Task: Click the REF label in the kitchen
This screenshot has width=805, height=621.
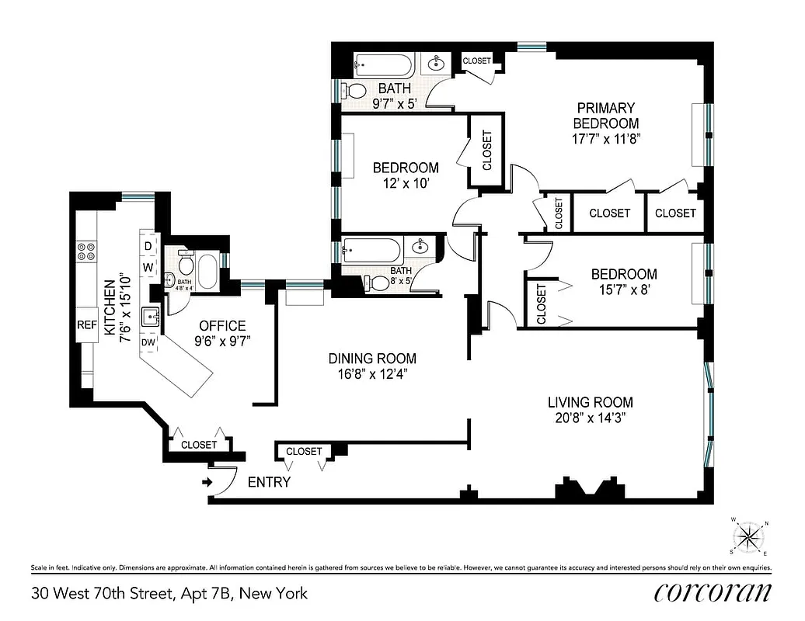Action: pos(85,326)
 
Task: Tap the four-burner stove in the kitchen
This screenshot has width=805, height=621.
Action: pos(85,252)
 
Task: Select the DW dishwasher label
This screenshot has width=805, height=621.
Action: pos(148,342)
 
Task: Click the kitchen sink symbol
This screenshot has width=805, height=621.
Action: pos(150,317)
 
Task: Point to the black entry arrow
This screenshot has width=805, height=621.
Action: pos(207,482)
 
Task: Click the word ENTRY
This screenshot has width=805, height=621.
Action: pos(269,482)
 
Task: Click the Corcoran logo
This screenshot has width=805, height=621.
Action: pos(713,592)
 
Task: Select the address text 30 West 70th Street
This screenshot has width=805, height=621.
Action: pos(169,594)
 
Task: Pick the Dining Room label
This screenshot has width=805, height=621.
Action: pos(371,359)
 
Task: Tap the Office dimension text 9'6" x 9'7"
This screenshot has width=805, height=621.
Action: pos(222,341)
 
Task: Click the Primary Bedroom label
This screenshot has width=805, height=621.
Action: pos(605,116)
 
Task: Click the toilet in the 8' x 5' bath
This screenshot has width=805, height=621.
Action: pos(378,283)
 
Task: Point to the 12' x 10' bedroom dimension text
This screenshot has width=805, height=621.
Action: pos(406,184)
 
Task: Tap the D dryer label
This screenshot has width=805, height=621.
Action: pos(148,247)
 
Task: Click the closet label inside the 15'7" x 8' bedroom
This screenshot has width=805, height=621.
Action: pos(542,304)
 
